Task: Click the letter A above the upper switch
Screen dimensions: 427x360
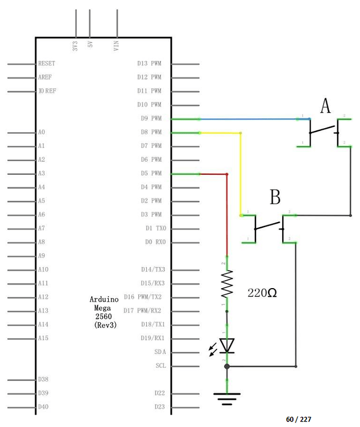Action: point(325,106)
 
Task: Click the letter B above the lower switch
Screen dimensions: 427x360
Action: point(275,198)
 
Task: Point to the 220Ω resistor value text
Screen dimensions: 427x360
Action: point(262,293)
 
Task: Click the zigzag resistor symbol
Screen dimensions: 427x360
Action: point(227,284)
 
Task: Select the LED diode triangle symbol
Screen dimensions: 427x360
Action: point(227,345)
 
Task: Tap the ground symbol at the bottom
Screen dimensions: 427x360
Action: point(227,398)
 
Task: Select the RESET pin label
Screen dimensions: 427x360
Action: point(46,63)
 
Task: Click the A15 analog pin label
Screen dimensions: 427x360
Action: point(43,338)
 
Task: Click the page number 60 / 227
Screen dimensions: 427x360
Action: point(299,419)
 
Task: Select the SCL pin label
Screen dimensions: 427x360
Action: point(160,366)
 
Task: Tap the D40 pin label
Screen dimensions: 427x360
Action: point(43,407)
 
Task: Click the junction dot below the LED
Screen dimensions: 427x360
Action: point(227,366)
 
